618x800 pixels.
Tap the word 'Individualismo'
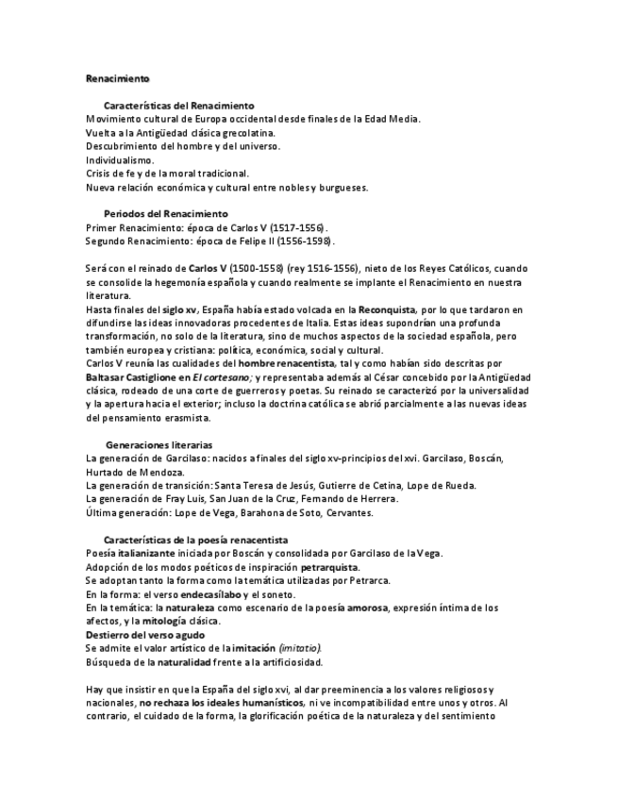click(119, 159)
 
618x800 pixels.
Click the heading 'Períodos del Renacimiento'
click(165, 214)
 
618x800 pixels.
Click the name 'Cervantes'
click(347, 512)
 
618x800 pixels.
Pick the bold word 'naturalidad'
click(182, 662)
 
